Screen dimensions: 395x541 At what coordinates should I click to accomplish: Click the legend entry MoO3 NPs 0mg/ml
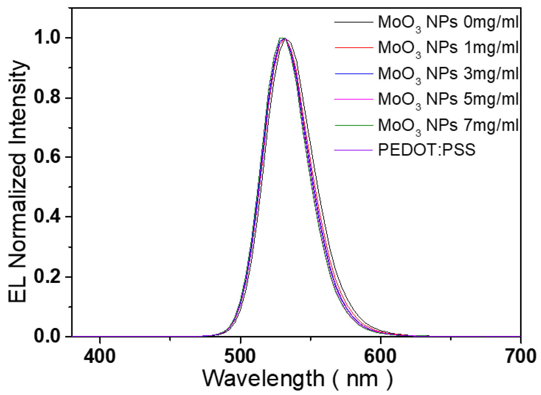click(448, 22)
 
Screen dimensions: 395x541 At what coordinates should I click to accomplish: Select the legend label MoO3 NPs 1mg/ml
click(448, 48)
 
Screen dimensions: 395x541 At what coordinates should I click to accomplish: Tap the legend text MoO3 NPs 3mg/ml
click(448, 74)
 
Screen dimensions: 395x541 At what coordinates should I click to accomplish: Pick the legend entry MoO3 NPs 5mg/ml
click(448, 99)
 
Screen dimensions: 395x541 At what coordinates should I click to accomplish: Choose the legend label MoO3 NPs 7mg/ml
click(448, 125)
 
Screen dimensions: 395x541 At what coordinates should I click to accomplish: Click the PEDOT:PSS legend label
click(427, 150)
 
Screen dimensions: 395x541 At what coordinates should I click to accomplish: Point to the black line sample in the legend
click(353, 22)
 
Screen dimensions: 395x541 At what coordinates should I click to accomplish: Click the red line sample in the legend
click(353, 48)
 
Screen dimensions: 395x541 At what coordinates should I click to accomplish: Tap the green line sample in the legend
click(353, 125)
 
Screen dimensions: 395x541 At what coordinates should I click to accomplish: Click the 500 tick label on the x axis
click(240, 356)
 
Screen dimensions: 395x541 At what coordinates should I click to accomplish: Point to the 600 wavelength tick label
click(380, 356)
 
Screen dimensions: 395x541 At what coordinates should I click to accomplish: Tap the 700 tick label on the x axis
click(521, 356)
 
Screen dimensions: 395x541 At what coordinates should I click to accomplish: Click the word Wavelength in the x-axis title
click(263, 379)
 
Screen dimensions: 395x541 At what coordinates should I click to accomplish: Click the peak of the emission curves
click(284, 38)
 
